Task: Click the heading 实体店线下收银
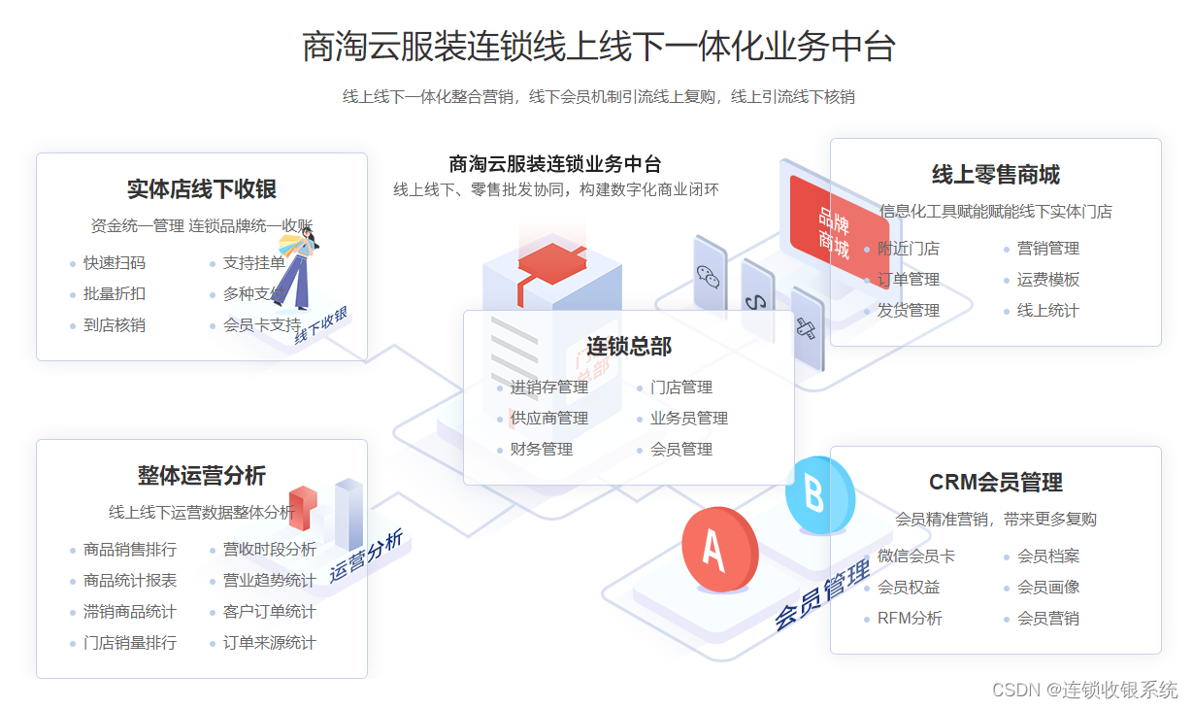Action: pos(202,188)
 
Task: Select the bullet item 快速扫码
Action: pos(114,263)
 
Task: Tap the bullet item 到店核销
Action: pos(114,325)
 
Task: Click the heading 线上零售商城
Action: pos(996,175)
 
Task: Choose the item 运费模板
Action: pos(1047,280)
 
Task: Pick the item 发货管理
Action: pos(908,311)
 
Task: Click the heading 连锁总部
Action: pos(629,347)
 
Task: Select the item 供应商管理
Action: pos(548,419)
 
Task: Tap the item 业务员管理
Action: pos(688,419)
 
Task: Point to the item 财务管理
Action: pos(541,450)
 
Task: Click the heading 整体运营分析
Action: pos(202,476)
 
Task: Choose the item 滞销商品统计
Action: pos(129,612)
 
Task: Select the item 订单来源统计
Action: pos(269,643)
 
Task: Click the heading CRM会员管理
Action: pos(996,483)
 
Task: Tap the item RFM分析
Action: pos(909,619)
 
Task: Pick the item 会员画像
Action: pos(1047,588)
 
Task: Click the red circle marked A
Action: pos(717,551)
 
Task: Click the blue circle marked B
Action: pos(819,495)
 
